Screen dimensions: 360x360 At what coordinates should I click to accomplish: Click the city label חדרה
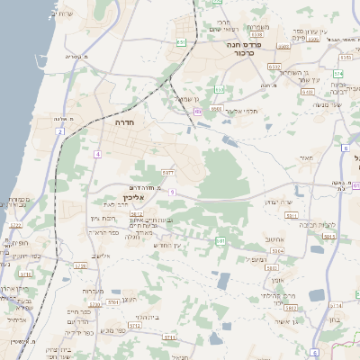[x=125, y=121]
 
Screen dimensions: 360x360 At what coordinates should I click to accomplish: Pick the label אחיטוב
[x=276, y=238]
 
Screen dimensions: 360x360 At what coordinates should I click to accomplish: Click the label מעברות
[x=93, y=291]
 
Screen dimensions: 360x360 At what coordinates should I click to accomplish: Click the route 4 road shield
[x=96, y=154]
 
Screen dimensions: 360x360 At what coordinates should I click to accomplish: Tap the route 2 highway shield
[x=59, y=131]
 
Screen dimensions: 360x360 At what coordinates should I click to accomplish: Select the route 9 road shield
[x=171, y=192]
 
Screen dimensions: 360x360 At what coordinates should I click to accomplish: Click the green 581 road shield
[x=220, y=241]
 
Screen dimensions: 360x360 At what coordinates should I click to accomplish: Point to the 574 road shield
[x=338, y=74]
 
